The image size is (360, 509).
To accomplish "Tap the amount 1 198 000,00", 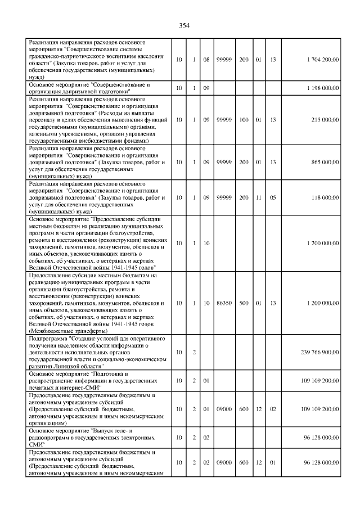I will tap(323, 88).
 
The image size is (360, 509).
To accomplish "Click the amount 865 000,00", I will tap(325, 162).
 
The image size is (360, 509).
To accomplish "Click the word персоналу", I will tap(42, 120).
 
